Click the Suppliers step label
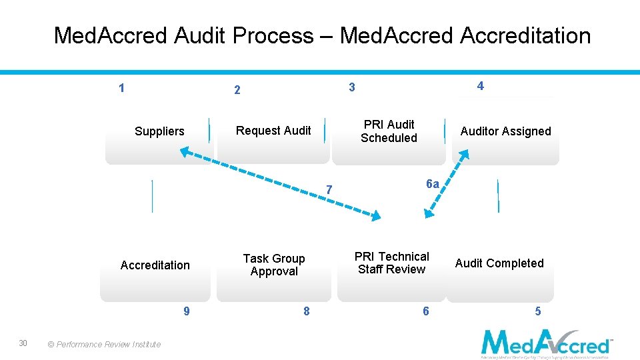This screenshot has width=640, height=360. (159, 131)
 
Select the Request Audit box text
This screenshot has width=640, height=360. (273, 131)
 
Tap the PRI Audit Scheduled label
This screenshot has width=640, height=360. (389, 131)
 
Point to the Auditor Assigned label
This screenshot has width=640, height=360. (505, 131)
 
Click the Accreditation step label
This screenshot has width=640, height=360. (155, 265)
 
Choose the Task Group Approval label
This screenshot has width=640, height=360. (274, 265)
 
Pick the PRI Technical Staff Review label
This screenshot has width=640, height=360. (391, 263)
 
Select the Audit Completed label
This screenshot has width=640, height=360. (499, 263)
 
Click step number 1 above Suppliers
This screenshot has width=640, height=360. (121, 87)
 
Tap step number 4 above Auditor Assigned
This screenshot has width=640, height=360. (480, 85)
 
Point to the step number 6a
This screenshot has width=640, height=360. (432, 185)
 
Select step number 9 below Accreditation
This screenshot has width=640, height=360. (186, 311)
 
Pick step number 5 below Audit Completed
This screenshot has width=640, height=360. (538, 311)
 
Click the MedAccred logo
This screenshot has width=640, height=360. (546, 343)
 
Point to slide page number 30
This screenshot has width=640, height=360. (23, 343)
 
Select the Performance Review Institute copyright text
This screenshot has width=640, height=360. (104, 345)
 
